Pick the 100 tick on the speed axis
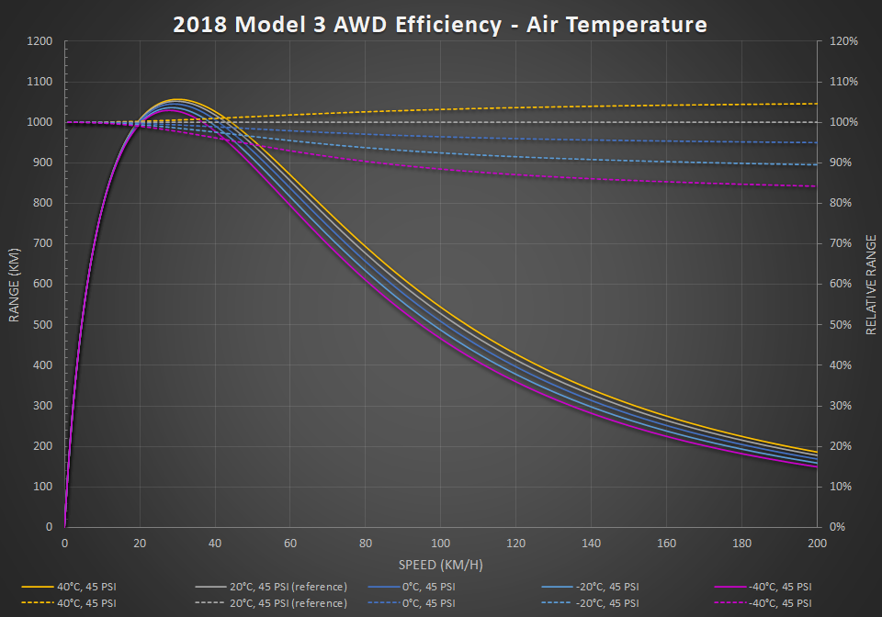441,544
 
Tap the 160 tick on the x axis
666,544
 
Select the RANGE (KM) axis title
15,284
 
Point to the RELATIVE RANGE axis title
870,284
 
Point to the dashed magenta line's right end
816,186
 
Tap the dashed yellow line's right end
816,104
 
